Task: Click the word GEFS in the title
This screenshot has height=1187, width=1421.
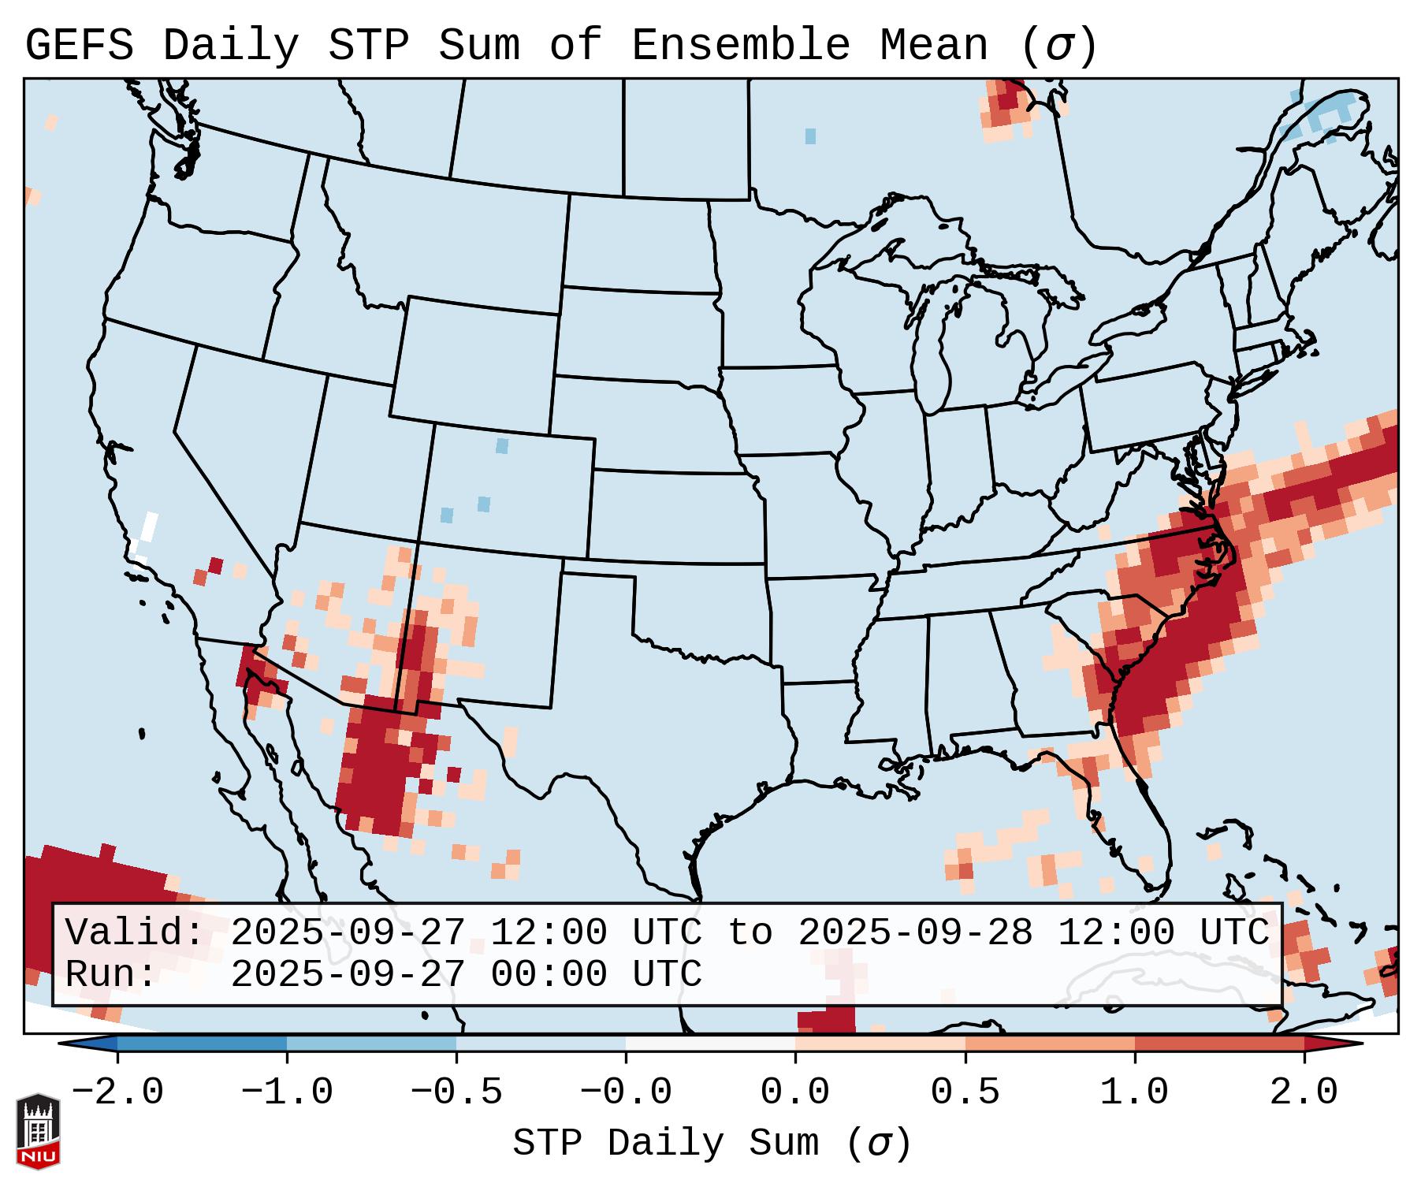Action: point(79,46)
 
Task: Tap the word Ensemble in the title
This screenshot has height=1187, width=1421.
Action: point(741,46)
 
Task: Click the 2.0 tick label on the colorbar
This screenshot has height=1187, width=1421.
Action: point(1304,1092)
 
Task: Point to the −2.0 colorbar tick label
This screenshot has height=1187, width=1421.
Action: point(117,1092)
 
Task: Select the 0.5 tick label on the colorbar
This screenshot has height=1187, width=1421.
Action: point(965,1092)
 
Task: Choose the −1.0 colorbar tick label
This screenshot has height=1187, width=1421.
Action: point(287,1092)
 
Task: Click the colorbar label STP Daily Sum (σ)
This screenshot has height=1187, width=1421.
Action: point(712,1143)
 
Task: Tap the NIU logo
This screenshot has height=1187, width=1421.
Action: point(38,1131)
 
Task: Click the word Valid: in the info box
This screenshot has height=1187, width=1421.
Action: point(134,932)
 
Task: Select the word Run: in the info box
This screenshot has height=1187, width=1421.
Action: point(111,974)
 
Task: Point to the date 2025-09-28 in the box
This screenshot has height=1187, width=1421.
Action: point(915,932)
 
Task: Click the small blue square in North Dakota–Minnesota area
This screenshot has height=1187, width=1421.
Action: point(810,136)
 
